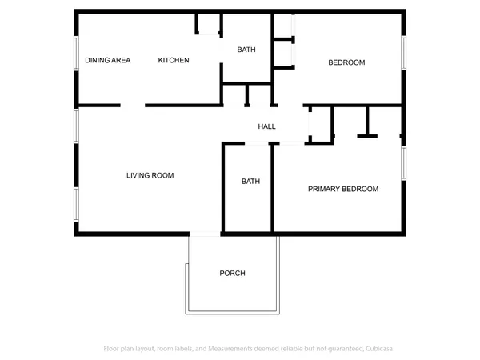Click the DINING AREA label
(108, 60)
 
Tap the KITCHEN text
(174, 60)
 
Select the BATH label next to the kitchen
(246, 50)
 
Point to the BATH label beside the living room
(250, 182)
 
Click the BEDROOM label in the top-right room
(346, 62)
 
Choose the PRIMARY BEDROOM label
(343, 189)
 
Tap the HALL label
(266, 126)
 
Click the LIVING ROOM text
(150, 175)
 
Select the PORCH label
(232, 274)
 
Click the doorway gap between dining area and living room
(133, 105)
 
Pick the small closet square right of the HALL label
(320, 124)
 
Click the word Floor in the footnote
(113, 348)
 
